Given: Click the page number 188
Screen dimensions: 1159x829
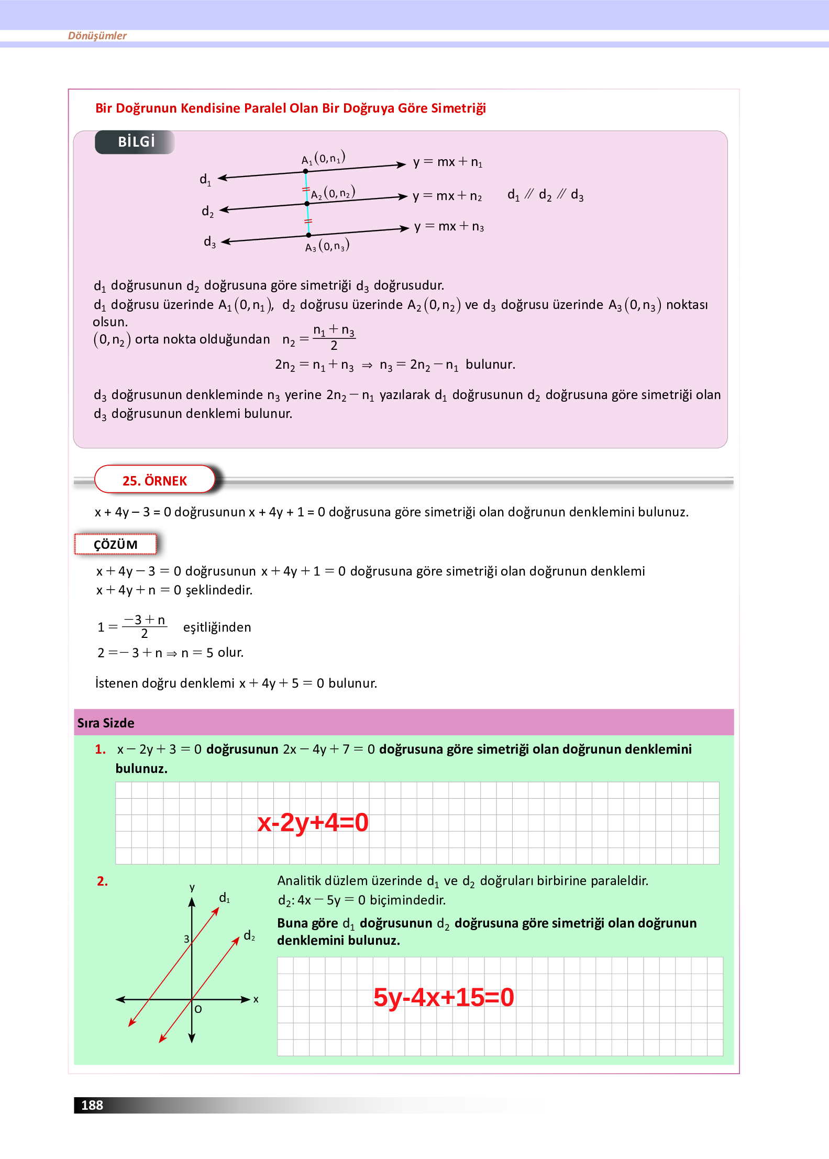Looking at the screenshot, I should click(92, 1105).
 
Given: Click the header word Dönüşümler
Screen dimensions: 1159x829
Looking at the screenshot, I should click(97, 36).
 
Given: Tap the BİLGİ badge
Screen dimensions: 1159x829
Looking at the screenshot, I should click(135, 142).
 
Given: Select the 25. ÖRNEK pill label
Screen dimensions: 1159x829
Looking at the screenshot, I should click(154, 480).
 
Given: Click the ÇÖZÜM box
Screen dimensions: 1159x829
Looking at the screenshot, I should click(115, 545).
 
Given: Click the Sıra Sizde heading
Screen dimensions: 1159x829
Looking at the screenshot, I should click(106, 723).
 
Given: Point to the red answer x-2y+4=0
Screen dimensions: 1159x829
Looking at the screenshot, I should click(313, 822).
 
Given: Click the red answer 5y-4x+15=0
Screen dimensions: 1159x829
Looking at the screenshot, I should click(443, 997).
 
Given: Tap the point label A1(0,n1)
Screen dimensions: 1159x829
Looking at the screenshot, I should click(323, 158).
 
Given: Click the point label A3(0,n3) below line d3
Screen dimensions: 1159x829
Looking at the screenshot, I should click(327, 246).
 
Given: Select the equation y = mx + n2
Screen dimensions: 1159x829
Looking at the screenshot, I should click(447, 196).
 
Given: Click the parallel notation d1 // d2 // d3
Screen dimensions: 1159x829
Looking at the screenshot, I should click(545, 195).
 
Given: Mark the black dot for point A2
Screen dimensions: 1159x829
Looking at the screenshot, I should click(307, 204).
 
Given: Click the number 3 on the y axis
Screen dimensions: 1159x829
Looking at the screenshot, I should click(186, 939).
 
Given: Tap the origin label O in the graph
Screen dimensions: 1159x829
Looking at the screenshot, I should click(198, 1009).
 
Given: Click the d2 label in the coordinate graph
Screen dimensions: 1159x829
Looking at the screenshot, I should click(249, 936).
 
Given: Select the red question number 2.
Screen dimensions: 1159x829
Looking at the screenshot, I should click(102, 881).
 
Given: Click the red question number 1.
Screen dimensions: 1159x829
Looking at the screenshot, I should click(100, 749).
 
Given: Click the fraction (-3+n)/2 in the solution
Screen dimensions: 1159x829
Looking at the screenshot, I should click(145, 626).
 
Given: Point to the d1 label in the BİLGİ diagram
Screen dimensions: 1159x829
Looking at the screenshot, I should click(205, 180).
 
